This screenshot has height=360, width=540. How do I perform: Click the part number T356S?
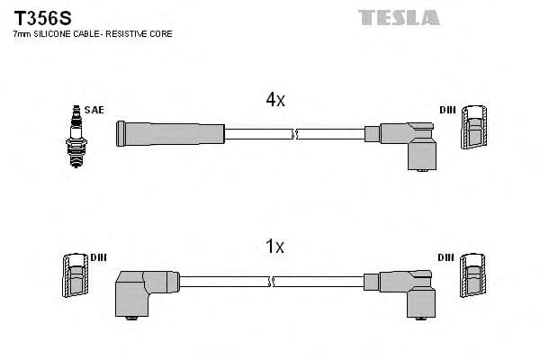pyautogui.click(x=40, y=17)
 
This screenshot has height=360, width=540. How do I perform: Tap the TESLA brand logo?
pyautogui.click(x=399, y=17)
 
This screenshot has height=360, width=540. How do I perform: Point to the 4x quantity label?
pyautogui.click(x=275, y=101)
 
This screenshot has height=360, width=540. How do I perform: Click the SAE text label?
pyautogui.click(x=95, y=110)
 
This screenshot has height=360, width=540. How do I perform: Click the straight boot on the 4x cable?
pyautogui.click(x=169, y=133)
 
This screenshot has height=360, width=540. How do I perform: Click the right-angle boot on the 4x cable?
pyautogui.click(x=409, y=142)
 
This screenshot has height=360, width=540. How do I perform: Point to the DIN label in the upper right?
pyautogui.click(x=447, y=110)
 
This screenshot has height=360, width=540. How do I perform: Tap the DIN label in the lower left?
pyautogui.click(x=98, y=257)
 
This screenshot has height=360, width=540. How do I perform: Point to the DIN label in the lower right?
pyautogui.click(x=447, y=257)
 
